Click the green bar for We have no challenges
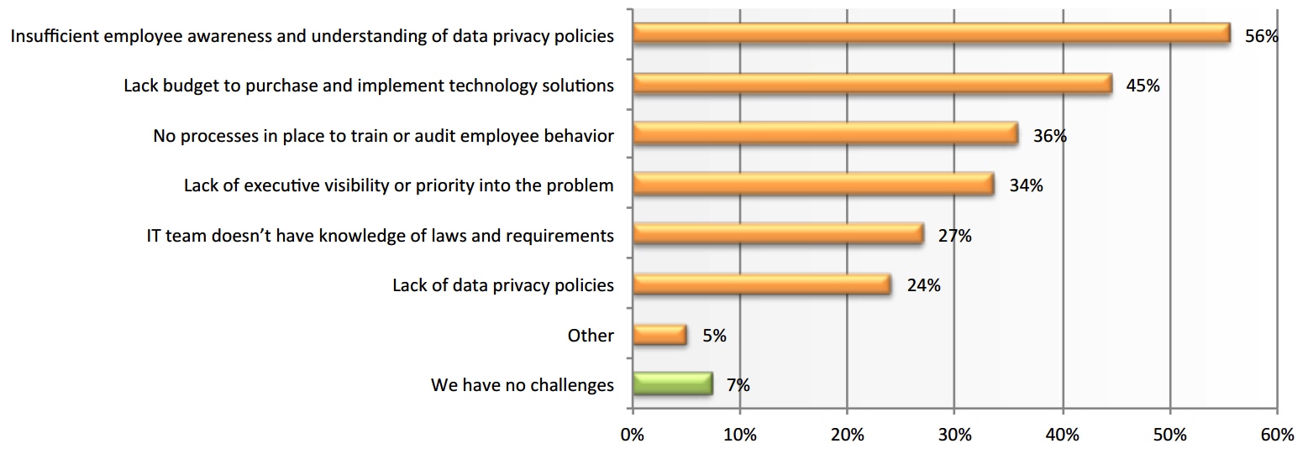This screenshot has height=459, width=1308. tap(672, 383)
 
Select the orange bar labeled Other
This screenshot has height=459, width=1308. tap(659, 336)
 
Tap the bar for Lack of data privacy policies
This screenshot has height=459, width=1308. tap(761, 285)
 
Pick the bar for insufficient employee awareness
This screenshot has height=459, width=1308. tap(931, 34)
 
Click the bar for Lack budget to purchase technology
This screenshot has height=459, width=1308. tap(872, 84)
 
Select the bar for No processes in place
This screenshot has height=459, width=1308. tap(825, 134)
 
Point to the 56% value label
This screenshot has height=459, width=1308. tap(1261, 36)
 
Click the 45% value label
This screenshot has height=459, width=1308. tap(1143, 86)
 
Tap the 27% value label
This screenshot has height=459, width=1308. tap(954, 237)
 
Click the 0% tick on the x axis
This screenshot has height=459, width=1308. tap(632, 436)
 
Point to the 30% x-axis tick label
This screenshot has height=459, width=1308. tap(954, 436)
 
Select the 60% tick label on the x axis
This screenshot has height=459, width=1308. tap(1277, 436)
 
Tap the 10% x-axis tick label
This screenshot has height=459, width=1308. tap(739, 436)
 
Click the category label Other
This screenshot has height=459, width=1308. tap(591, 336)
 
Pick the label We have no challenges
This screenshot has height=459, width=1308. tap(522, 386)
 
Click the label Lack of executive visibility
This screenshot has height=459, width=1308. tap(399, 185)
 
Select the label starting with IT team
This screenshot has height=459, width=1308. tap(380, 236)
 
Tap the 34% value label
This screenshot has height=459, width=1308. tap(1026, 186)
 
